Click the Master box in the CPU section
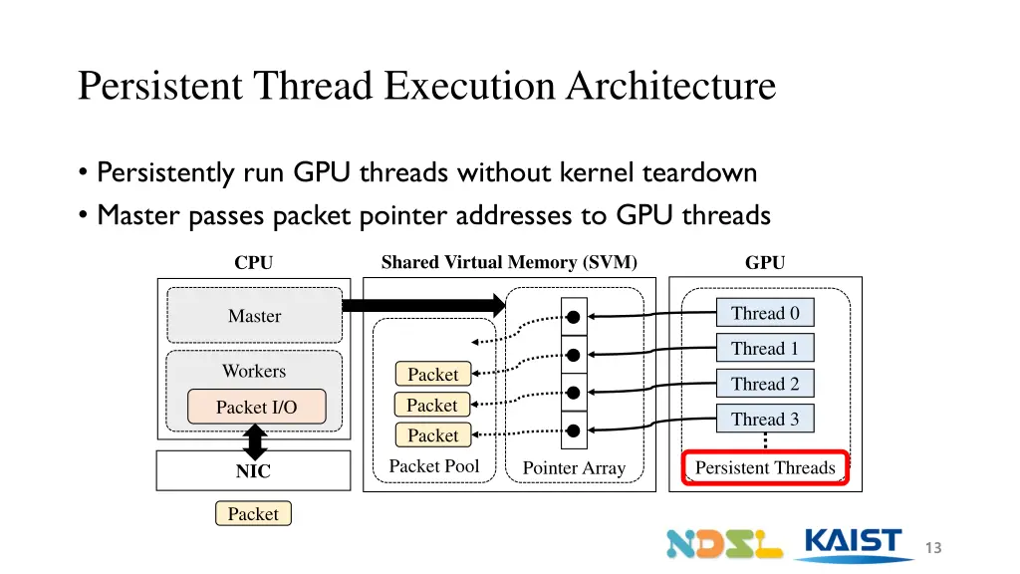(254, 316)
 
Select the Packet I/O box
(257, 407)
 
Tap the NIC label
(253, 471)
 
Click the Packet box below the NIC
(253, 513)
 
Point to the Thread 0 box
(765, 313)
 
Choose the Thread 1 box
(765, 348)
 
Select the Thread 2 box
(765, 384)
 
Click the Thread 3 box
(765, 419)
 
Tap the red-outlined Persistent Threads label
(765, 467)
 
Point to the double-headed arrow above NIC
(255, 441)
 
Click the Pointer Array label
(574, 468)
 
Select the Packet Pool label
(434, 466)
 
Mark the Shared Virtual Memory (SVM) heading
(509, 262)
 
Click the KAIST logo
(853, 545)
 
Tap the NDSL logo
(724, 544)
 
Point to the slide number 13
(933, 548)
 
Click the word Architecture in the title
(670, 86)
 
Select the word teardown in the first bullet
(700, 172)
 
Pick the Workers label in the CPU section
(254, 371)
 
